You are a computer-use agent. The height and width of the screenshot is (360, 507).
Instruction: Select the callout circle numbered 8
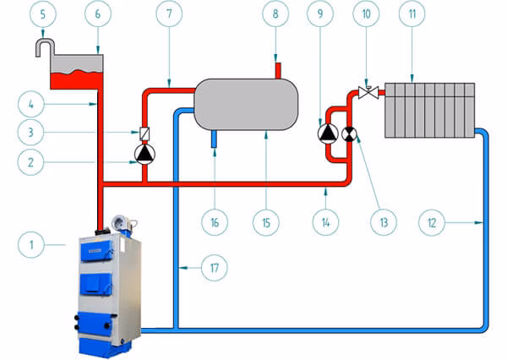pyautogui.click(x=275, y=15)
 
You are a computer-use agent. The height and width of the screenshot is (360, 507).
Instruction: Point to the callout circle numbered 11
pyautogui.click(x=412, y=15)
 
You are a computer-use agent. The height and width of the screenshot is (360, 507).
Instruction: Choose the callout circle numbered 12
pyautogui.click(x=432, y=222)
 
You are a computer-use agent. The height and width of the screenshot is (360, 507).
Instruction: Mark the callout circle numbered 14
pyautogui.click(x=326, y=222)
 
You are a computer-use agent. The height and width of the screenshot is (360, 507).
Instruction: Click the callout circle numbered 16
pyautogui.click(x=215, y=222)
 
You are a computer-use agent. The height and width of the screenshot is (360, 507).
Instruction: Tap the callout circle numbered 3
pyautogui.click(x=32, y=133)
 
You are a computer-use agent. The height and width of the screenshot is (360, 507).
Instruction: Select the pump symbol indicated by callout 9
pyautogui.click(x=327, y=133)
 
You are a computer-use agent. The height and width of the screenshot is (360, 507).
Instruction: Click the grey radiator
pyautogui.click(x=429, y=109)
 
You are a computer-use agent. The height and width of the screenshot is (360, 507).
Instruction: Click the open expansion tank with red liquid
pyautogui.click(x=78, y=71)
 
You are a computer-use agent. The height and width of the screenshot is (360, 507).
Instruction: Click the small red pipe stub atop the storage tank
pyautogui.click(x=275, y=67)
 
